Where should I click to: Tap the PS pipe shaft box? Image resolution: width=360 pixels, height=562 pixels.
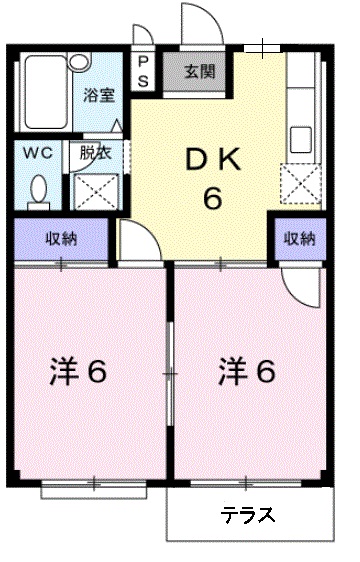pyautogui.click(x=143, y=71)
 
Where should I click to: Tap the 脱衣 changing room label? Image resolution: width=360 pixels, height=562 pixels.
pyautogui.click(x=97, y=154)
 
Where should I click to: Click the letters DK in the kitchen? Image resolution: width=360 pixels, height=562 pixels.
pyautogui.click(x=212, y=157)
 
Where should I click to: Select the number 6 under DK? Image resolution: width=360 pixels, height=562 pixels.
pyautogui.click(x=212, y=197)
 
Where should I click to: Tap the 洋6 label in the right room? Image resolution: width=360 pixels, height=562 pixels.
pyautogui.click(x=246, y=372)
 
